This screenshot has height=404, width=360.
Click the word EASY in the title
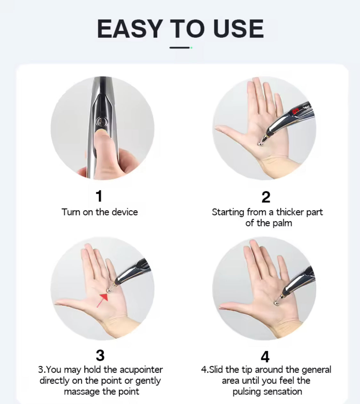pos(130,29)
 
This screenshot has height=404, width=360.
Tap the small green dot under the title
pos(191,48)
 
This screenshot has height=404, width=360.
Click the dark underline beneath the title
pos(180,48)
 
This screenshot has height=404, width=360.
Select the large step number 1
pos(99,196)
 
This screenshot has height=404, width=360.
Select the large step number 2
pos(266,197)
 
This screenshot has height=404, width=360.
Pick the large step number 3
pos(100,355)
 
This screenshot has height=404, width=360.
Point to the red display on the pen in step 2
pos(295,111)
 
